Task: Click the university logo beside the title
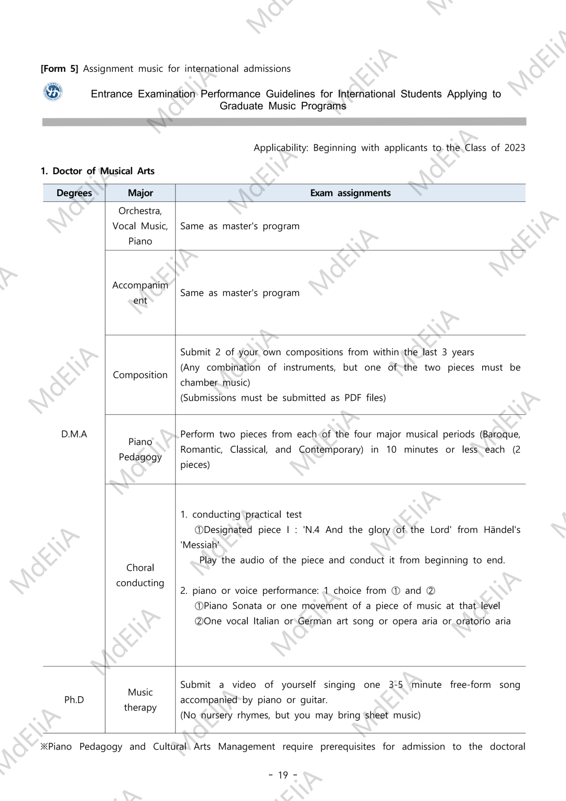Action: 52,92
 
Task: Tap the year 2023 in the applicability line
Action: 515,148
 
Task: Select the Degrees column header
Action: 74,193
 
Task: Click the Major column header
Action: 140,193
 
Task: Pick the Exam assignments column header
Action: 350,193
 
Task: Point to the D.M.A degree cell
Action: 74,434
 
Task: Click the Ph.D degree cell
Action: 74,700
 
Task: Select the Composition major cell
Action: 140,375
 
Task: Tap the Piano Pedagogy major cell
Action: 140,450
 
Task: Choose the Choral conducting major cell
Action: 140,575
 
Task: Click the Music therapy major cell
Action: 140,700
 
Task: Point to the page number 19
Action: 283,775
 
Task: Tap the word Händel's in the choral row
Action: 502,530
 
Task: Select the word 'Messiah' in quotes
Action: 200,545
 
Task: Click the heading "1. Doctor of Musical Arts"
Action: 97,171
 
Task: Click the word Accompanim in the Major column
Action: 140,285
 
